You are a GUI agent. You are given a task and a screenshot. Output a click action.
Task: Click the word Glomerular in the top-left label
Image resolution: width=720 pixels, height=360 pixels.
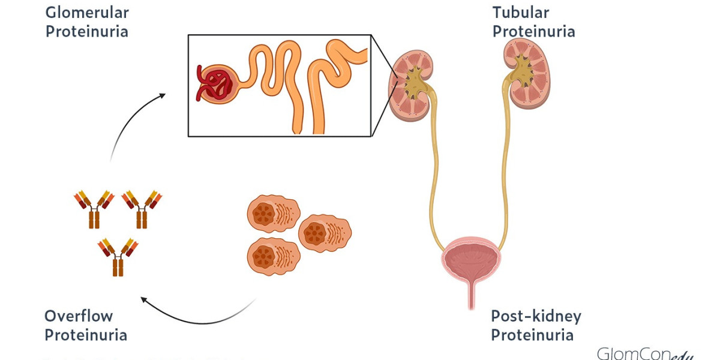coord(87,13)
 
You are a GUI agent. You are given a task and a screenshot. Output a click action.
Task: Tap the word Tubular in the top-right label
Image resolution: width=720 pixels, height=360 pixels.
coord(521,12)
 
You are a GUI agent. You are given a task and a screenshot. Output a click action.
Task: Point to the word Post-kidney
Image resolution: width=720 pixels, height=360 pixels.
coord(536,316)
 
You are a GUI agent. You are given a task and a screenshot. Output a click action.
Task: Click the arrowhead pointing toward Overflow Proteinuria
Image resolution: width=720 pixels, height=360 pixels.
coord(143,298)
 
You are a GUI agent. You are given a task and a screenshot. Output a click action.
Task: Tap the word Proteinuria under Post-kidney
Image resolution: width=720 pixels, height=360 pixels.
coord(532,335)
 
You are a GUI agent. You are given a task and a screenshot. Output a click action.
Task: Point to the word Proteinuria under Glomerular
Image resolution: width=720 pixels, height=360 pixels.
coord(87,31)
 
